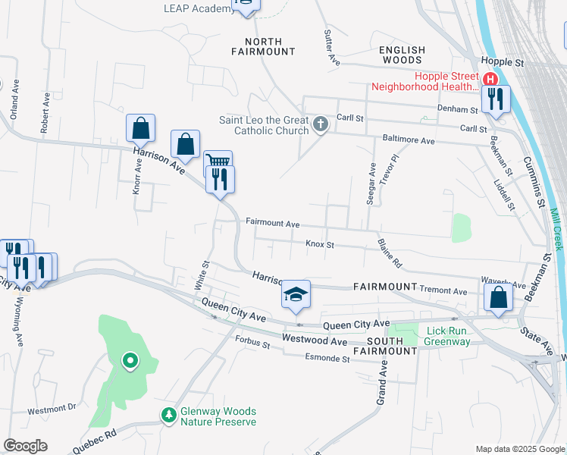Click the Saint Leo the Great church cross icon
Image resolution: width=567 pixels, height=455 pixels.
[x=321, y=124]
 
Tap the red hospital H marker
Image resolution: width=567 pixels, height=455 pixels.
[x=490, y=79]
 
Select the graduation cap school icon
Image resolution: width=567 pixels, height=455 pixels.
[x=296, y=293]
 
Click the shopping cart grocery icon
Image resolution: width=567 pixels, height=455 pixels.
[x=218, y=162]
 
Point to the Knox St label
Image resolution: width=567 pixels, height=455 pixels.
[x=319, y=245]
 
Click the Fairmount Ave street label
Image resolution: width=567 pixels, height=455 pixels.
[x=273, y=224]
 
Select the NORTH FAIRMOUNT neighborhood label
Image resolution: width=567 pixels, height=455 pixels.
[x=264, y=46]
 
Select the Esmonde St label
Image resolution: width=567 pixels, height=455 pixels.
[x=329, y=357]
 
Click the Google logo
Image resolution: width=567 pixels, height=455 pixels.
[x=25, y=446]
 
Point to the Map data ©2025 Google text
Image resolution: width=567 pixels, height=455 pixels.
[x=519, y=449]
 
